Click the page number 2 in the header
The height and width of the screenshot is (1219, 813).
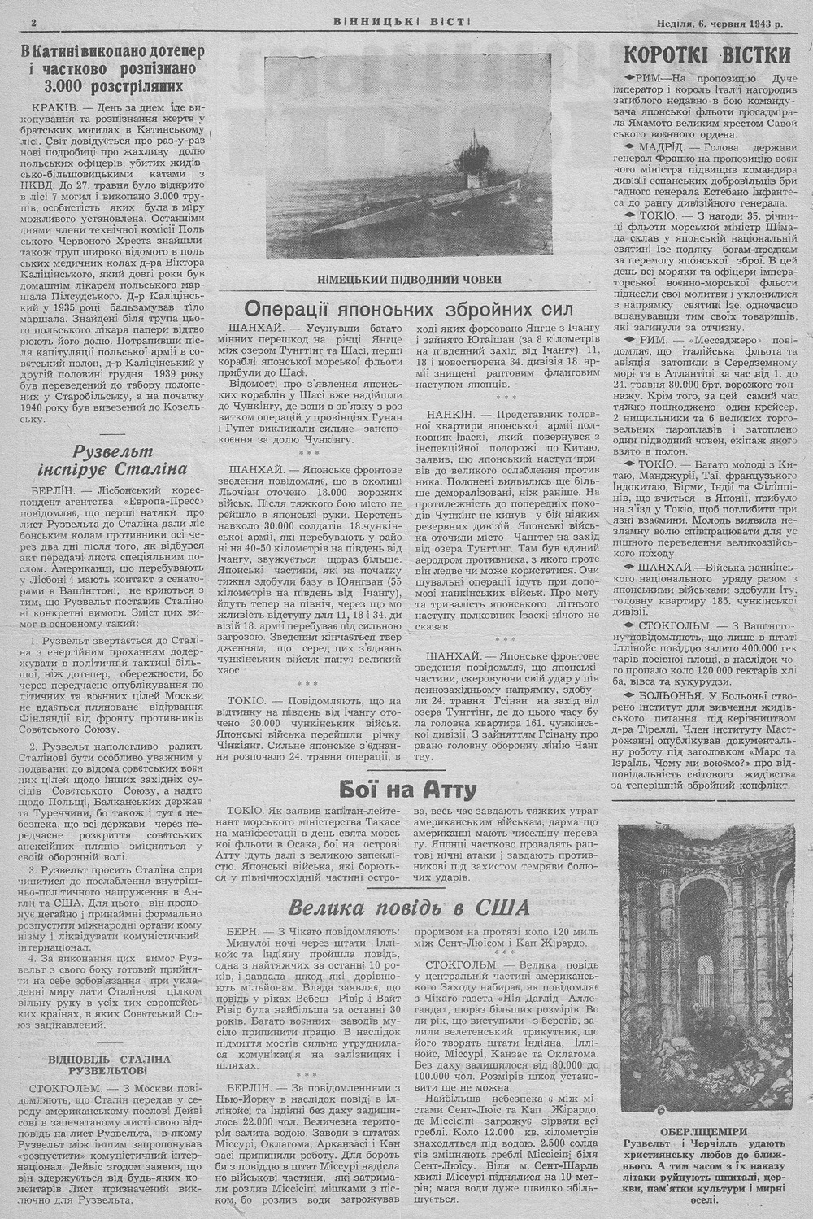(x=33, y=24)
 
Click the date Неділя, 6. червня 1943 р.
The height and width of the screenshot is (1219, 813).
(x=720, y=24)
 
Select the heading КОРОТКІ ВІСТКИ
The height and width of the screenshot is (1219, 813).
(x=705, y=55)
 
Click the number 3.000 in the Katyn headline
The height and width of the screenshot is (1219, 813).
(x=63, y=86)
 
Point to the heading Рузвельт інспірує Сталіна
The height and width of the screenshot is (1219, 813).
(x=113, y=459)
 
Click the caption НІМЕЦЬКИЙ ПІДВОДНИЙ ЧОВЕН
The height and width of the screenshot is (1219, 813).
(x=410, y=280)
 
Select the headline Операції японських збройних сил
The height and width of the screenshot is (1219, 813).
(x=410, y=309)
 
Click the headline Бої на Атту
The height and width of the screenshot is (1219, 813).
(x=407, y=789)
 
